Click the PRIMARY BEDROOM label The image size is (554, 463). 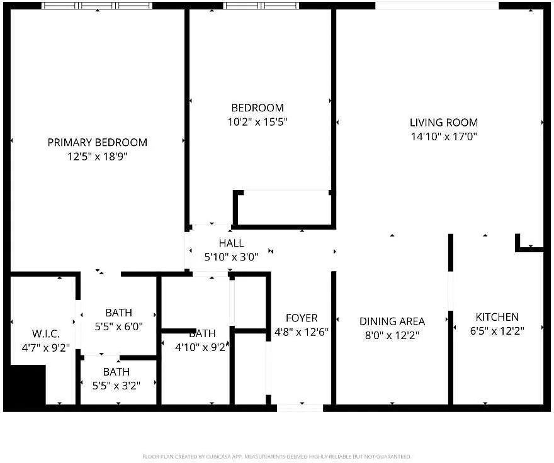point(98,143)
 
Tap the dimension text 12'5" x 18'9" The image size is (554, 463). point(98,157)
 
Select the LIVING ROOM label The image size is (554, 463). point(444,123)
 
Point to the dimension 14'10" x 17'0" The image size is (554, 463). point(444,137)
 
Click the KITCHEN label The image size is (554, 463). point(497,317)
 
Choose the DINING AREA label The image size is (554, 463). point(392,321)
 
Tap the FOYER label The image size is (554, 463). point(302,318)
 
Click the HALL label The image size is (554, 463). point(231,243)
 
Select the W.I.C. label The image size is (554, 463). point(45,333)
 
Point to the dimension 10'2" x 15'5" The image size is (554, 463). point(257,121)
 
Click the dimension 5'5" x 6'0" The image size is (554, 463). point(118,326)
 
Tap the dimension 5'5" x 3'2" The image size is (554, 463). point(118,386)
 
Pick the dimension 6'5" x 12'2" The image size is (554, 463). point(497,331)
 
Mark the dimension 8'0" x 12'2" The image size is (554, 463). point(392,335)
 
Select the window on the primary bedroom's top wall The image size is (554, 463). point(97,6)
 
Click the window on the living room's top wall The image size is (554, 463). point(437,6)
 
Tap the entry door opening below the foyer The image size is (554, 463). point(300,408)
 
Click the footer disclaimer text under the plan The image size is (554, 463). point(277,456)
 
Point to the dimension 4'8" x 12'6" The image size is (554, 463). point(302,332)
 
